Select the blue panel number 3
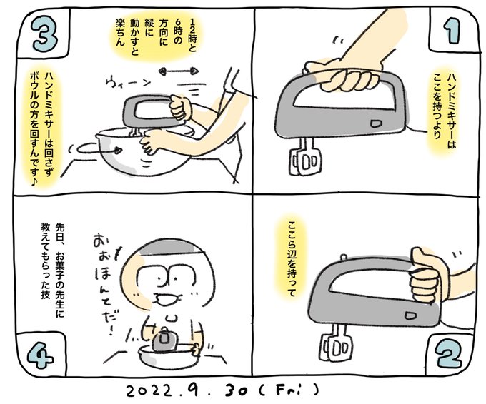click(x=46, y=34)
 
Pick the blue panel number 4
click(x=41, y=356)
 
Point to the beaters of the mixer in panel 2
click(x=336, y=343)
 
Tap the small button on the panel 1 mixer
click(x=376, y=123)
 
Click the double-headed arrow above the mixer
click(x=179, y=71)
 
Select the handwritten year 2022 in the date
click(x=149, y=390)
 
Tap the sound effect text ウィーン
click(x=129, y=83)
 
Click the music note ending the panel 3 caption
click(x=34, y=182)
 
